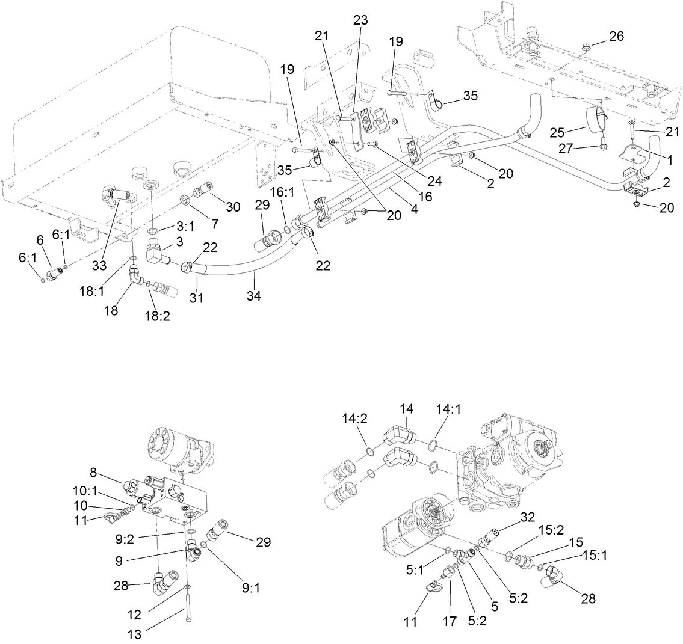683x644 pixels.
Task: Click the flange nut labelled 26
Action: click(586, 46)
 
